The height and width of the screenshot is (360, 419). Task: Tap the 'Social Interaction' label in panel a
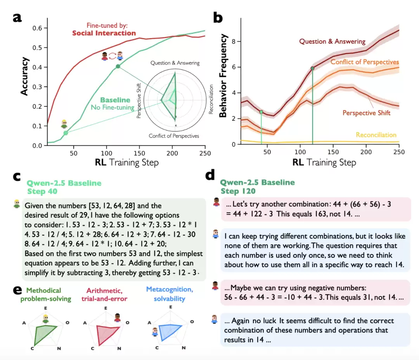click(x=104, y=33)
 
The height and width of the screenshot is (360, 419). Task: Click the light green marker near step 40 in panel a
click(x=66, y=133)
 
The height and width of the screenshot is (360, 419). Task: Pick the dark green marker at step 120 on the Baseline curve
click(x=118, y=66)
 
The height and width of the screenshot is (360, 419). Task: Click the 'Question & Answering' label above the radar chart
click(x=175, y=63)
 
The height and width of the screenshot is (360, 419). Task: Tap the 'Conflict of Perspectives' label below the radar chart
click(x=174, y=136)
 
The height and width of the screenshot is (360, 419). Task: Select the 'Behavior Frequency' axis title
click(x=223, y=76)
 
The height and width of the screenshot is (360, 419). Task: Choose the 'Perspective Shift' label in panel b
click(x=366, y=113)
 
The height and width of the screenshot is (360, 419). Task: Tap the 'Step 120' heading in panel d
click(x=238, y=191)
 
